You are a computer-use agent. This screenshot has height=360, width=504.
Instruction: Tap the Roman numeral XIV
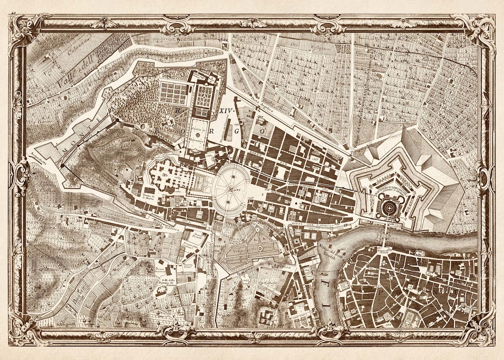click(x=225, y=111)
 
